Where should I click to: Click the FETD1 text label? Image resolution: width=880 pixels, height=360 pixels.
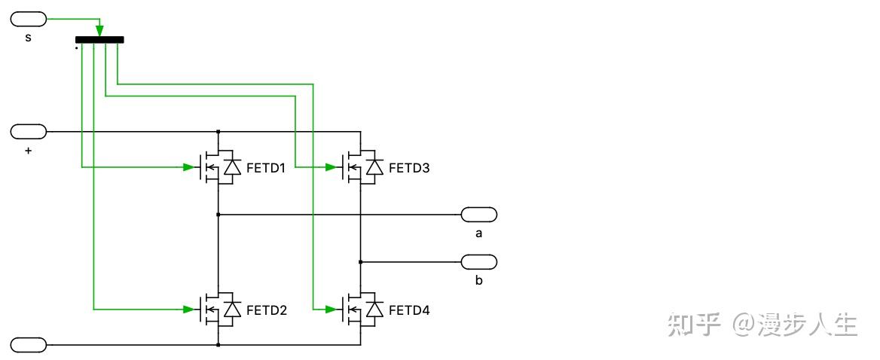(266, 168)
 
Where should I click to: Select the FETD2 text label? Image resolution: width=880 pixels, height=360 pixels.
(266, 310)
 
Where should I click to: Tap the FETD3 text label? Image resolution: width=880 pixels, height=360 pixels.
(409, 168)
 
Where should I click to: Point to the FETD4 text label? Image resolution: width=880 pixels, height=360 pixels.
(409, 310)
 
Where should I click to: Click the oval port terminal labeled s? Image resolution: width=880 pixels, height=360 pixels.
(29, 20)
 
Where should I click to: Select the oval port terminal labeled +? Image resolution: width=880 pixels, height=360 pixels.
(29, 132)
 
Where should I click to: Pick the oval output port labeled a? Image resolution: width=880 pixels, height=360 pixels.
(479, 215)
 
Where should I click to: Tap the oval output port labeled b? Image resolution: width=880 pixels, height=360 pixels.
(479, 262)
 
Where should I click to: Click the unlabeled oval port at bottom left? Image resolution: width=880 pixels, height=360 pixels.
(29, 345)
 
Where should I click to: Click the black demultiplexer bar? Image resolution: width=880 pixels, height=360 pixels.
(99, 40)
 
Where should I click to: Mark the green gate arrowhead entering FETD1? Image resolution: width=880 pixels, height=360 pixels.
(188, 167)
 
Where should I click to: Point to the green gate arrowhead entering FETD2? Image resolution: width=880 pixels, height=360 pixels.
(188, 310)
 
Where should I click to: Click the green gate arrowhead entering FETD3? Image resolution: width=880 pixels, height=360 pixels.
(331, 167)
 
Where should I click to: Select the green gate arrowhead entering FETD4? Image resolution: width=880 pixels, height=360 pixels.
(331, 310)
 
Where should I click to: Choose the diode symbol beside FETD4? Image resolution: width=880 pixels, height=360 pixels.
(375, 310)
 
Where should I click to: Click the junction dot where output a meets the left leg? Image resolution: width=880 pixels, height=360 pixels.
(218, 215)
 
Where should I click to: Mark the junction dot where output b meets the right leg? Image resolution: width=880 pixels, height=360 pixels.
(361, 262)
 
